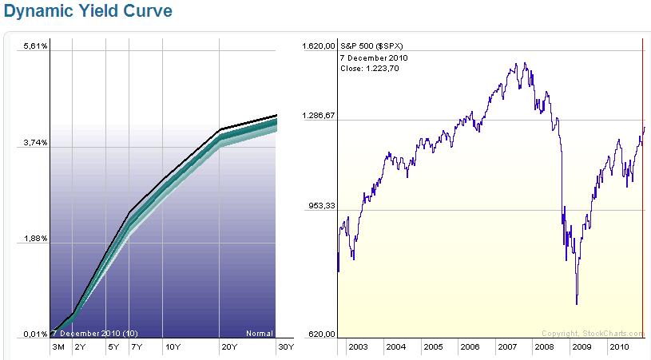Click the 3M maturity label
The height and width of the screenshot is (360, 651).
(58, 347)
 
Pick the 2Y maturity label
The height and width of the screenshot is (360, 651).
(79, 347)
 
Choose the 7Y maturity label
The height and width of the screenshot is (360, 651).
(136, 347)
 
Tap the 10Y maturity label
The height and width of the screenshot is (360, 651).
(172, 347)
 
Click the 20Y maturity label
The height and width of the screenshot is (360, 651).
(228, 347)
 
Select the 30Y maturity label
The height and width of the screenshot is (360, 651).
(285, 347)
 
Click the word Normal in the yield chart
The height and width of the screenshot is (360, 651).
(260, 334)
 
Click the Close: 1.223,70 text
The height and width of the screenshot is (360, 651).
(370, 69)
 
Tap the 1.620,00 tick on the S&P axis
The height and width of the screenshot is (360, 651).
(317, 46)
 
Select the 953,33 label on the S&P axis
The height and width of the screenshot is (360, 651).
(320, 206)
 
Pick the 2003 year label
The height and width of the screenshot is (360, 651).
(358, 347)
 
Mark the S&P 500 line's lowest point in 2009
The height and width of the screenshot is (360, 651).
(576, 304)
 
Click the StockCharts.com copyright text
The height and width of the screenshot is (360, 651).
(592, 334)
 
